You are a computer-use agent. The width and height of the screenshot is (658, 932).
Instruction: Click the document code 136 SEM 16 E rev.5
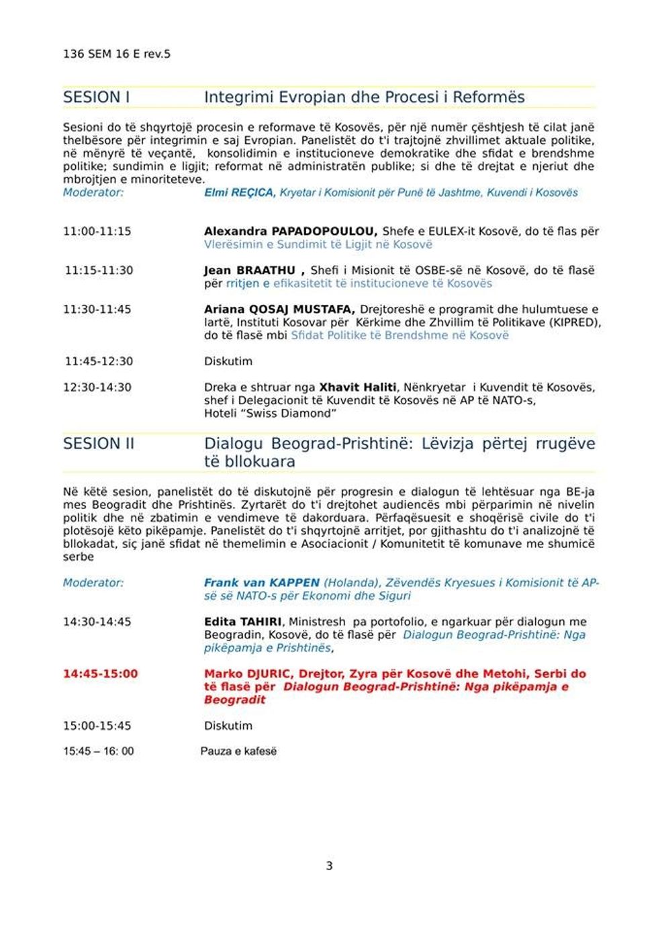point(116,54)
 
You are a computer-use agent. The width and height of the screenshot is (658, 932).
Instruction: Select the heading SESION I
point(96,97)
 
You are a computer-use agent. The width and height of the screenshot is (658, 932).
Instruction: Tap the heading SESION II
point(98,444)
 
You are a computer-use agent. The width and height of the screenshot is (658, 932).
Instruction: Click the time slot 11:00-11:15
point(97,232)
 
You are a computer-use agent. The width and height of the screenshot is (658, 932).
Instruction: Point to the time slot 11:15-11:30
point(99,271)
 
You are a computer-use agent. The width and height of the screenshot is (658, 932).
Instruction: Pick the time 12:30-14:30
point(97,387)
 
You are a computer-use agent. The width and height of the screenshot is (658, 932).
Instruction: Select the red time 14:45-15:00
point(100,673)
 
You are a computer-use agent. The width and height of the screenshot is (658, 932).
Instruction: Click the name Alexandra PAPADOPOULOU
point(290,232)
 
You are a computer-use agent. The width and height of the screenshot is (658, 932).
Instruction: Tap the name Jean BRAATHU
point(250,271)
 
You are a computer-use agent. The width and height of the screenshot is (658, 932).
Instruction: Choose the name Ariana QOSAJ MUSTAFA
point(279,310)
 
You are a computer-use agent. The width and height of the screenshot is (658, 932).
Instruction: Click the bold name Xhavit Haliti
point(357,387)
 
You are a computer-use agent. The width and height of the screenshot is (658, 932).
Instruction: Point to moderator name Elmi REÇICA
point(239,193)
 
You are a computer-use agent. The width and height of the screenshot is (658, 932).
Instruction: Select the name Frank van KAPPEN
point(262,583)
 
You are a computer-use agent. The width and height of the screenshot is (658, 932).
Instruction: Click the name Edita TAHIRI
point(243,622)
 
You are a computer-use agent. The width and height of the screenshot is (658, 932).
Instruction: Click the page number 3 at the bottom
point(329,866)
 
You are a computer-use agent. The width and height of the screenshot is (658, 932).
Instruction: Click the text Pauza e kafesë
point(238,751)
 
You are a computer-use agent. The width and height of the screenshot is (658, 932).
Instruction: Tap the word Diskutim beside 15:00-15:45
point(228,726)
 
